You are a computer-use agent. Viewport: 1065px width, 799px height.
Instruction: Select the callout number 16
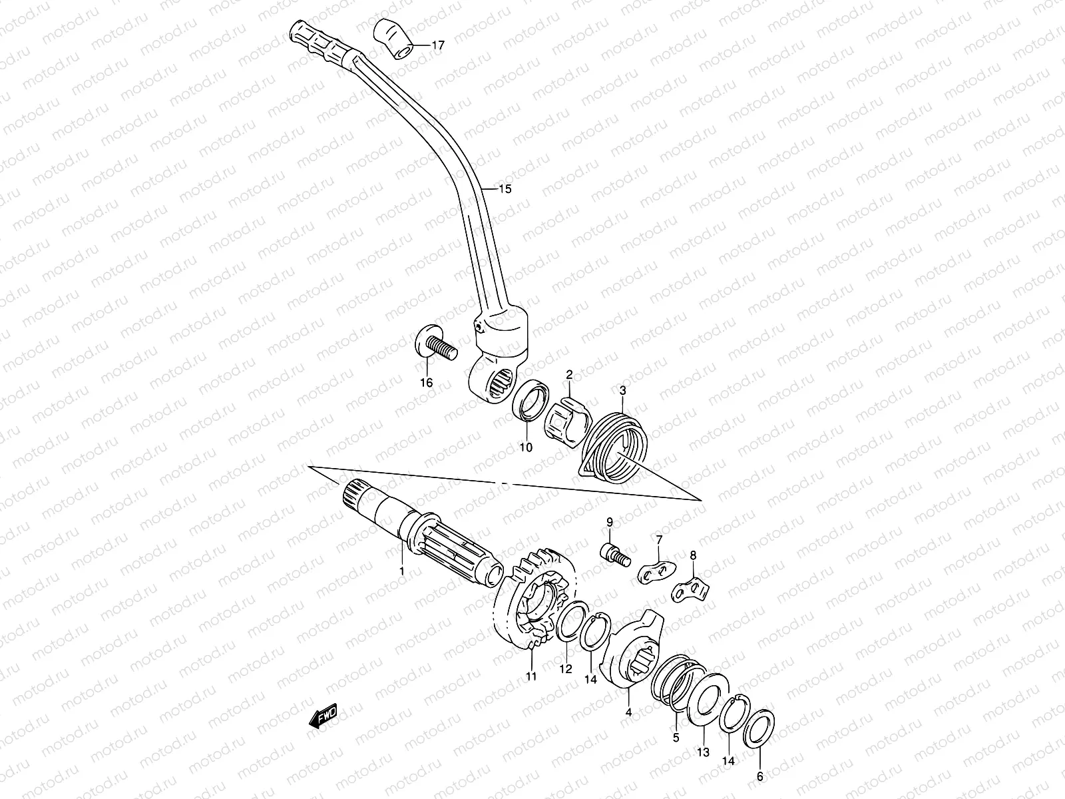426,382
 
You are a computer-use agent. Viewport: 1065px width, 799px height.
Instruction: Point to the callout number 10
526,447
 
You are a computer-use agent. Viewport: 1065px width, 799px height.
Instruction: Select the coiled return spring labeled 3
610,441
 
